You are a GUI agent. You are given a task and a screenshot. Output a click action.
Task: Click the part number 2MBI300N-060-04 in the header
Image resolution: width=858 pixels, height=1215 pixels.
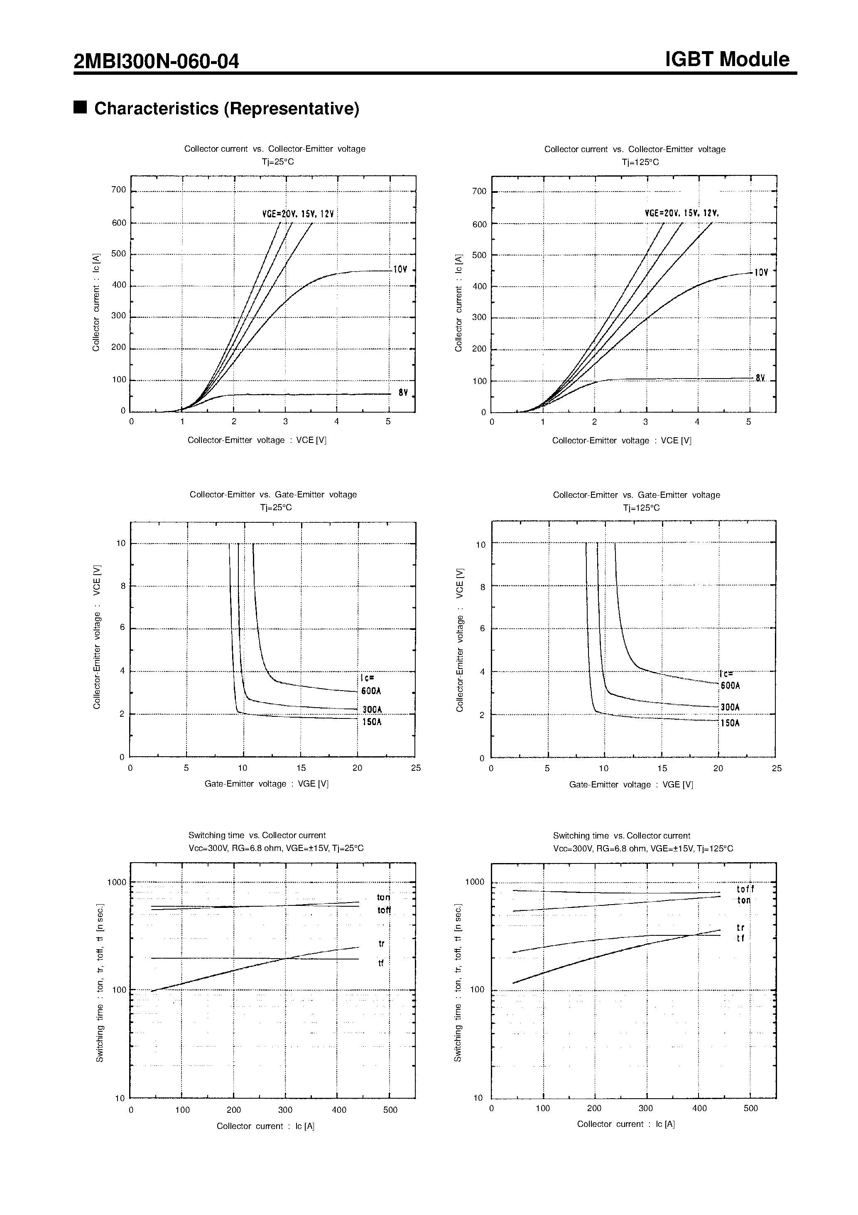157,62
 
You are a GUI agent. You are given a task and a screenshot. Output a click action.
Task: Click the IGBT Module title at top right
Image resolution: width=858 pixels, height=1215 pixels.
727,59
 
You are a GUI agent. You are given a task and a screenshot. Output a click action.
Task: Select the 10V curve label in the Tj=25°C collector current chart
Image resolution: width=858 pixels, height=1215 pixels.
401,270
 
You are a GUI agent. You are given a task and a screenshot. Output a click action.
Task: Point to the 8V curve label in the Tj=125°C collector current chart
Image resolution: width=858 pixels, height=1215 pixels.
760,379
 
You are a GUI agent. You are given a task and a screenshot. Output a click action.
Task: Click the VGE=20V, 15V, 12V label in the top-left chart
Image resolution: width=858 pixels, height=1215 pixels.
298,214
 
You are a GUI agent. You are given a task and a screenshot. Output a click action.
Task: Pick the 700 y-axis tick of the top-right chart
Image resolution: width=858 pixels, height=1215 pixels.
479,192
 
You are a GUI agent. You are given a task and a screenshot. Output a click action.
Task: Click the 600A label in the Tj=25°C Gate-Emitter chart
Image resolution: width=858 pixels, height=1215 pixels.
371,691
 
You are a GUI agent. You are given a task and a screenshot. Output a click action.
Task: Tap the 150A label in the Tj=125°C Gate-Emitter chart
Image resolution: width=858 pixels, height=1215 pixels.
730,723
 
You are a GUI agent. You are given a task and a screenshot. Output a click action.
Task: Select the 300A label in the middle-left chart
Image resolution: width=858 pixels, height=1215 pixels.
372,710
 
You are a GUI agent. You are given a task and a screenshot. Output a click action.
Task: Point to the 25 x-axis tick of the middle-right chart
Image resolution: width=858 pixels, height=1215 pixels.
776,768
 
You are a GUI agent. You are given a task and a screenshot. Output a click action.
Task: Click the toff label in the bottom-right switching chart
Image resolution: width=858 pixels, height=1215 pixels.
745,890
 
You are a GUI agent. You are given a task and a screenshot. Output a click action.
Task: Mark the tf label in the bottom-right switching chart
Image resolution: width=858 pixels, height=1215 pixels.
740,938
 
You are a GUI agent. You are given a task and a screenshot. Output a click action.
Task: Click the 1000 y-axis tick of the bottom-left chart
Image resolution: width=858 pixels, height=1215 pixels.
116,882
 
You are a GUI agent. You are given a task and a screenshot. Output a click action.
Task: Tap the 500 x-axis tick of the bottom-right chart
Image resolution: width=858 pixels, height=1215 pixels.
750,1108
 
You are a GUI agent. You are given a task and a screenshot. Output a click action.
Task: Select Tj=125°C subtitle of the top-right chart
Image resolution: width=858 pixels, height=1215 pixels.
640,162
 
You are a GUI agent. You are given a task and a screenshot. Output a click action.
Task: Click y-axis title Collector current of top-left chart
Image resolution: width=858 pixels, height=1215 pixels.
96,302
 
